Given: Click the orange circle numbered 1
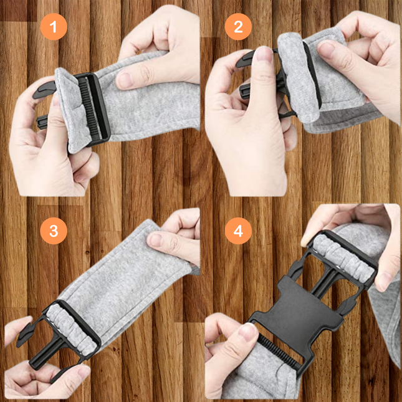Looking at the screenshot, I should click(54, 27).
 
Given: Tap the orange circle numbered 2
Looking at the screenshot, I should click(238, 27).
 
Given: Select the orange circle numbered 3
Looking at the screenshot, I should click(54, 231).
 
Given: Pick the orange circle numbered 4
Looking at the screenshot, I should click(238, 231).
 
